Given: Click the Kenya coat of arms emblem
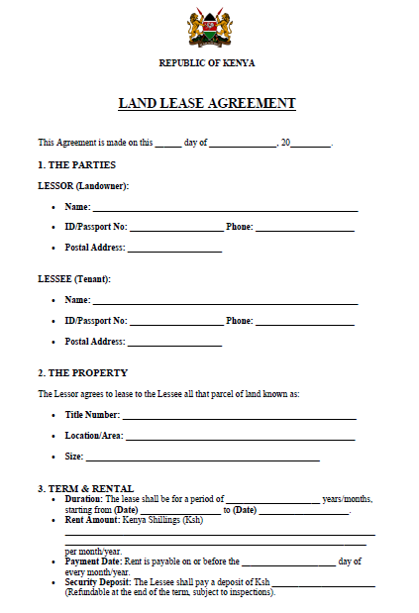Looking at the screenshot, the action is point(209,28).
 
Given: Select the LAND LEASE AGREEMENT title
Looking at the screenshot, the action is point(207,103).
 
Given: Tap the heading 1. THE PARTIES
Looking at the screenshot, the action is point(76,164).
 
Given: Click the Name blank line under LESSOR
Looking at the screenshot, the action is point(225,209).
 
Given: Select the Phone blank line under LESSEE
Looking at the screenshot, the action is point(305,322).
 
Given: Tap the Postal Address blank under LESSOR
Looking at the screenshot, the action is point(174,249).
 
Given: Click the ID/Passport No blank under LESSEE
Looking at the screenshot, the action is point(176,322).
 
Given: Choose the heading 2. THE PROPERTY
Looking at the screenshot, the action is point(82,373).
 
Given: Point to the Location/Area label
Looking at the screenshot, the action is point(93,436).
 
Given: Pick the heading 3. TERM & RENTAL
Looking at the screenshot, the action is point(85,488).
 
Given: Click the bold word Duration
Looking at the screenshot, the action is point(83,499).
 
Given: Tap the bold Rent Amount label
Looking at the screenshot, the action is point(91,520).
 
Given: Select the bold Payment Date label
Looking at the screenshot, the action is point(93,562).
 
